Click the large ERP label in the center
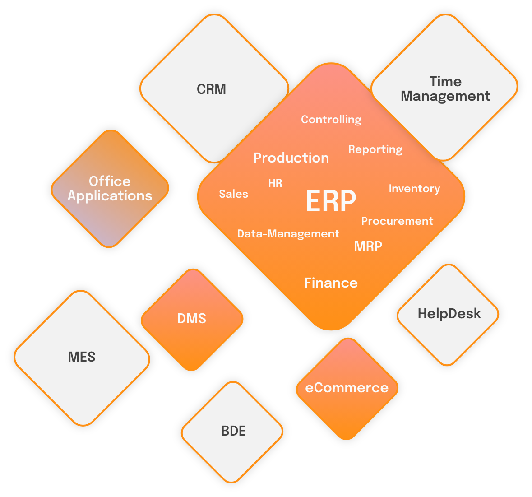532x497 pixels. click(x=331, y=201)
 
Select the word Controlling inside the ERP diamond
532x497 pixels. click(x=331, y=120)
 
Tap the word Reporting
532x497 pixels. click(x=375, y=149)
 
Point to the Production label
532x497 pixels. click(x=291, y=158)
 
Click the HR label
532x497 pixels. click(x=275, y=183)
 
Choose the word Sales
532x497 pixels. click(x=233, y=194)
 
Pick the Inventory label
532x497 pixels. click(x=414, y=189)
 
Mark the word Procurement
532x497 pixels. click(x=397, y=221)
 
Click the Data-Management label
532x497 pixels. click(x=288, y=234)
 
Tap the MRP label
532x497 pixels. click(x=368, y=246)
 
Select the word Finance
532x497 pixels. click(x=331, y=283)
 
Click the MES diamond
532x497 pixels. click(x=82, y=357)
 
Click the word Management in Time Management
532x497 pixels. click(x=445, y=96)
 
